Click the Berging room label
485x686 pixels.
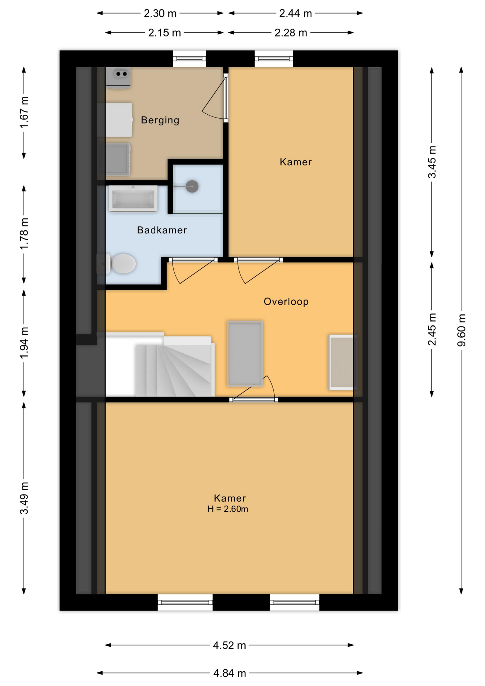[x=160, y=120]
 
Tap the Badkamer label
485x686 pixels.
[x=162, y=230]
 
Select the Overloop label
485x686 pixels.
[x=286, y=302]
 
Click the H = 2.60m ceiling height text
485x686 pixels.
[x=227, y=509]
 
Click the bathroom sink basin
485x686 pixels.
[x=133, y=198]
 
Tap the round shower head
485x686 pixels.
[x=192, y=186]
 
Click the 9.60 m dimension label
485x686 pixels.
[x=461, y=330]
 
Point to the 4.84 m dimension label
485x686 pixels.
[x=230, y=673]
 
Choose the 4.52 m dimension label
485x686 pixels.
[x=229, y=645]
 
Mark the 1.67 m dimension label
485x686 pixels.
[x=24, y=112]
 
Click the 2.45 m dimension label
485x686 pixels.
[x=432, y=329]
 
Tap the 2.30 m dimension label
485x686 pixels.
[x=160, y=14]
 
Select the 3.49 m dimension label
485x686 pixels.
[x=24, y=498]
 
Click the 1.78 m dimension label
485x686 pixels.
[x=24, y=234]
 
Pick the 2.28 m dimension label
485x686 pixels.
[x=291, y=33]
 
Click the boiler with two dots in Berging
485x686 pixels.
[x=118, y=77]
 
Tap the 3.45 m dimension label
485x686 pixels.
[x=432, y=162]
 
